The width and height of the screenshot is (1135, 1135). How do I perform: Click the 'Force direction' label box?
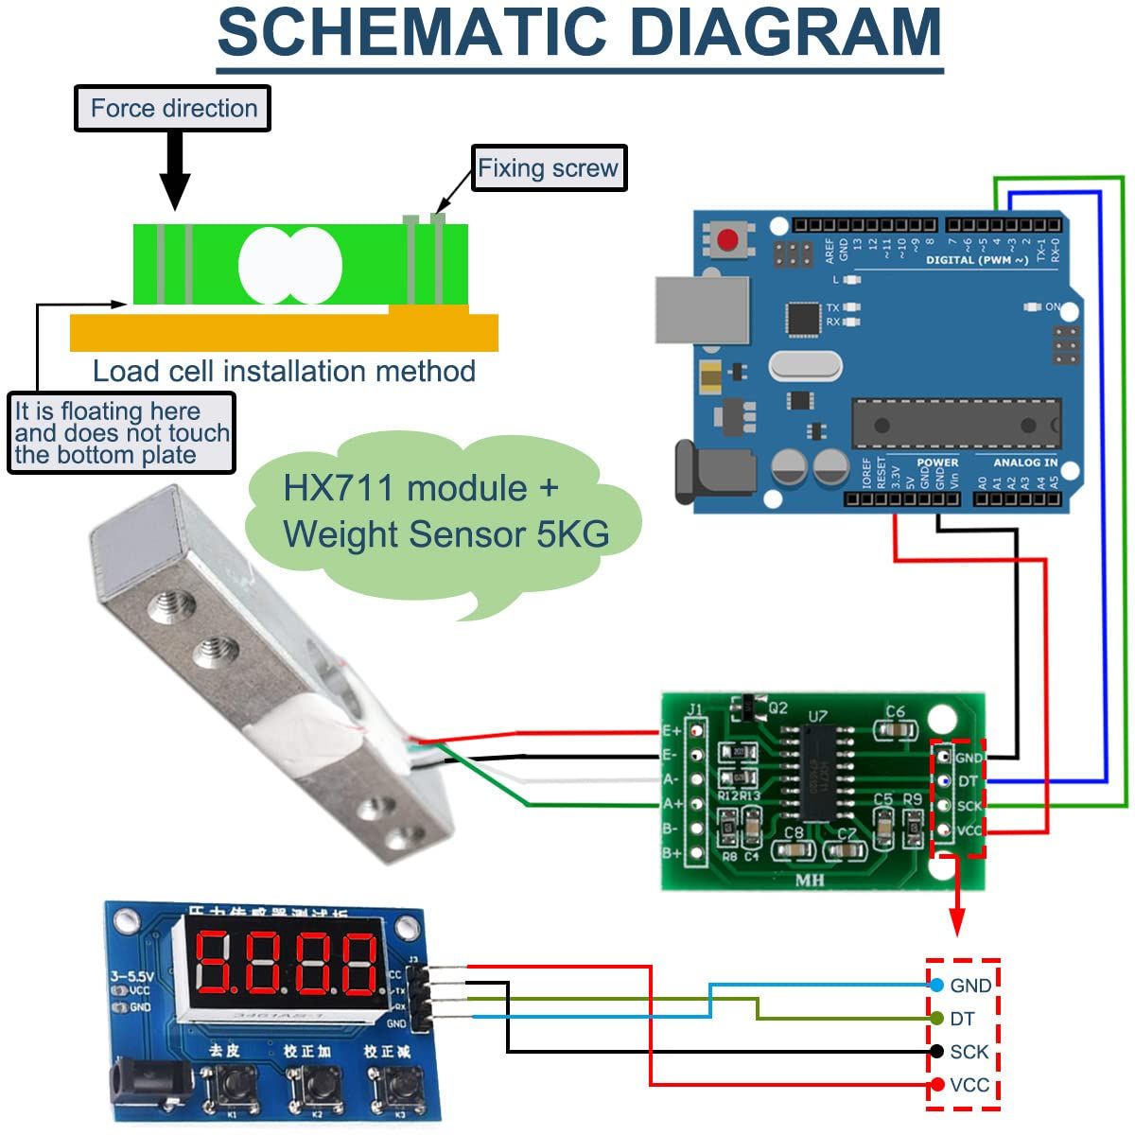173,108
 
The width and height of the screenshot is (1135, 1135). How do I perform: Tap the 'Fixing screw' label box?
548,168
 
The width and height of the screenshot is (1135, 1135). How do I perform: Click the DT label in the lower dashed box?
963,1019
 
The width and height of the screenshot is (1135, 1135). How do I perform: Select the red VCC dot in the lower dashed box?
936,1085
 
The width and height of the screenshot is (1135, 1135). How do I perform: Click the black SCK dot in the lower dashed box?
936,1052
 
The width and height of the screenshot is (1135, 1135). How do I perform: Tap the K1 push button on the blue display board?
218,1086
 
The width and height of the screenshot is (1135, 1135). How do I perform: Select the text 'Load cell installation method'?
284,371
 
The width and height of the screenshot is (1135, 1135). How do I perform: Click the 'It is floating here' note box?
121,433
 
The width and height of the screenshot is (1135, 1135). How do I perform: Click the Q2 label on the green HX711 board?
778,707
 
